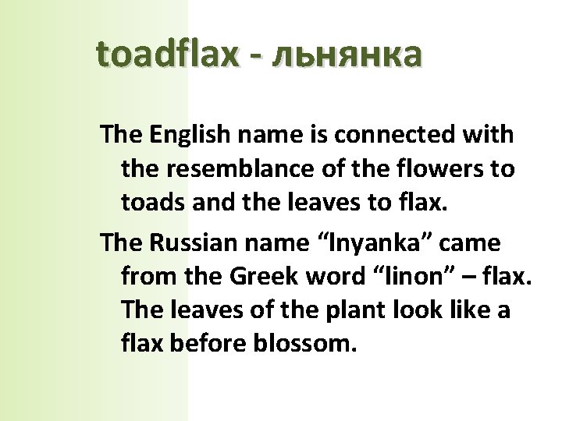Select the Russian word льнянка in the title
click(x=344, y=54)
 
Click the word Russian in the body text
click(x=186, y=242)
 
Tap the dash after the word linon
click(x=449, y=278)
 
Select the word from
click(x=147, y=276)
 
